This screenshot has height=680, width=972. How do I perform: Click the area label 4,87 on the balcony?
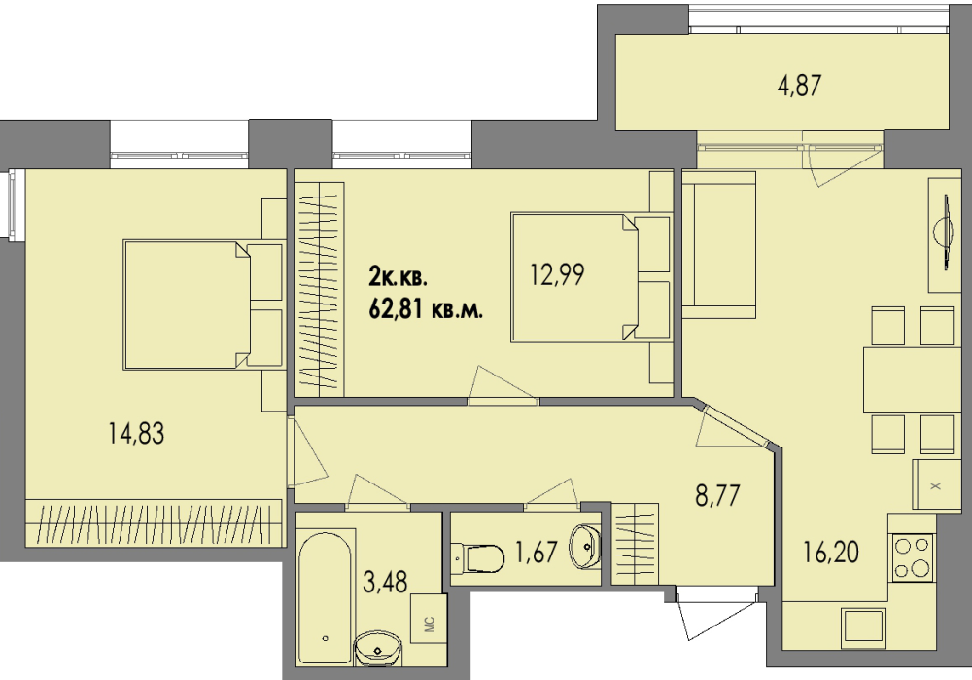point(799,85)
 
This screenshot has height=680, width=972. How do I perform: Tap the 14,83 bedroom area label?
point(136,433)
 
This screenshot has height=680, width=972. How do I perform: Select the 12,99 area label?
point(557,274)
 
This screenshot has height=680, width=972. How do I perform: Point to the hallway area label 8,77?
point(717,496)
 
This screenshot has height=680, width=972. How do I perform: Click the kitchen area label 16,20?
point(831,552)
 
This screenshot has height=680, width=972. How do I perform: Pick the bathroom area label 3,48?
point(385,582)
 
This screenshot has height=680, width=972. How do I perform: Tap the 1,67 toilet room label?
point(537,552)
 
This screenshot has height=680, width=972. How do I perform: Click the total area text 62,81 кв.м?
point(426,308)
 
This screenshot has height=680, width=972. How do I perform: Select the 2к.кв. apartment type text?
point(398,277)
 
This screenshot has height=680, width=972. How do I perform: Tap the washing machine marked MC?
point(429,623)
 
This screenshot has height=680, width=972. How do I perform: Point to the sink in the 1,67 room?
point(584,547)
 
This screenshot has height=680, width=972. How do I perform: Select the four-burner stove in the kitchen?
point(913,557)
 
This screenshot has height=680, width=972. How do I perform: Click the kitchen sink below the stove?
point(863,626)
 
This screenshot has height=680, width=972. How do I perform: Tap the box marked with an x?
point(936,485)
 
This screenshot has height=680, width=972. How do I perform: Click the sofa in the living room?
point(719,245)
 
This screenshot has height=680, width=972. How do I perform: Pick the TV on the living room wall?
point(944,233)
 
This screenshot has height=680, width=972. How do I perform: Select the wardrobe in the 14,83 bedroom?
point(154,523)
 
